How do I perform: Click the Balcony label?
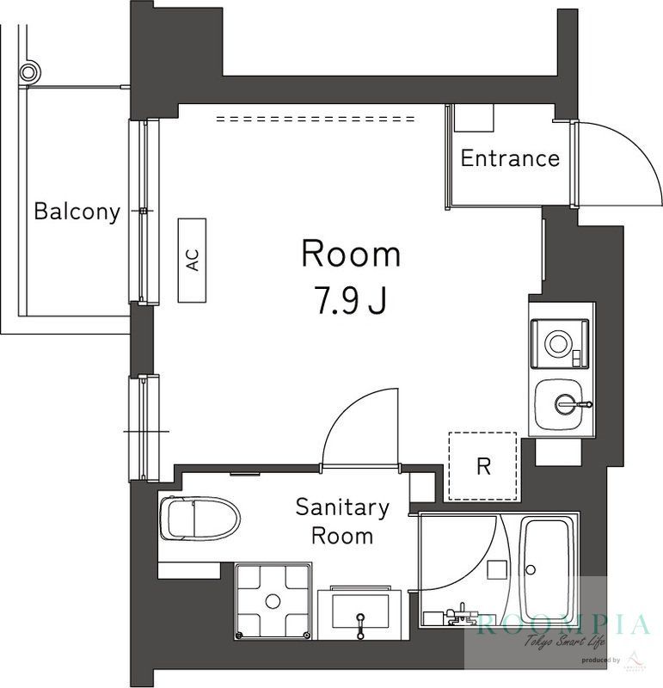point(77,212)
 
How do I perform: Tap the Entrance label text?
point(510,158)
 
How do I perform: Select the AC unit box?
point(193,260)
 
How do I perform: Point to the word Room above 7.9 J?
point(350,255)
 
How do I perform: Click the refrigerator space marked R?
point(483,467)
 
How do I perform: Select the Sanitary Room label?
point(342,521)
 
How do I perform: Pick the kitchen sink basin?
point(562,403)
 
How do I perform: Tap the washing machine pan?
point(273,600)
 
